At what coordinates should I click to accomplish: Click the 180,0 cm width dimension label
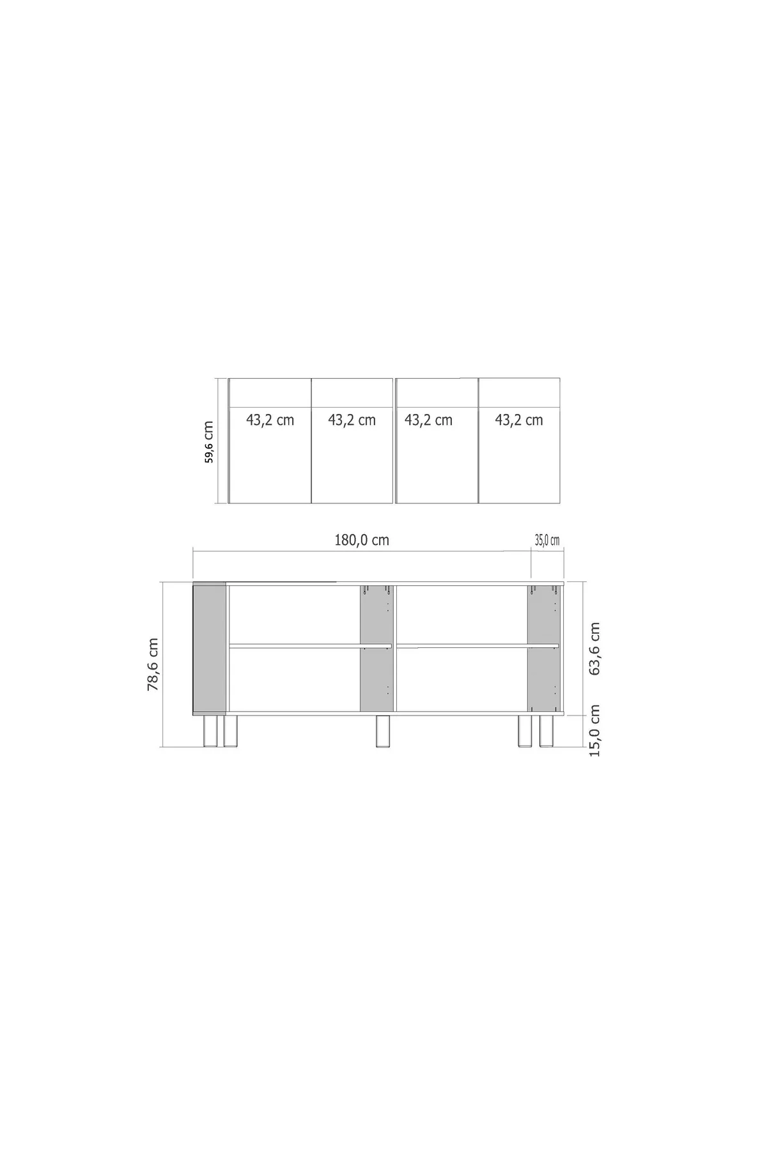(x=362, y=540)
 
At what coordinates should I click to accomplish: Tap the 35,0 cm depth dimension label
(x=546, y=540)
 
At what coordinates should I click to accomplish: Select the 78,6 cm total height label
(x=153, y=664)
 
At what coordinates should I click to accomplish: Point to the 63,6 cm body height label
(x=595, y=648)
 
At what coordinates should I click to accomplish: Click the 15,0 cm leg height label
(x=595, y=730)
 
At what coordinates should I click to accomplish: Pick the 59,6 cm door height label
(x=210, y=441)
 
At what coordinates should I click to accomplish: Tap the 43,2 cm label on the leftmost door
(x=270, y=420)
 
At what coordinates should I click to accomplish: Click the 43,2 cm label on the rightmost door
(x=518, y=420)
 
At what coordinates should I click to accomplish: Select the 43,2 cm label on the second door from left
(x=352, y=420)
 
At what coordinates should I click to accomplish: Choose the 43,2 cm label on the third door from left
(x=428, y=420)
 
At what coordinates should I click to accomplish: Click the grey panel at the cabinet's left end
(x=210, y=647)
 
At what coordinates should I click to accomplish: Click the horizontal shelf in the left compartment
(x=310, y=646)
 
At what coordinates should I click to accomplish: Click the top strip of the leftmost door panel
(x=270, y=392)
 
